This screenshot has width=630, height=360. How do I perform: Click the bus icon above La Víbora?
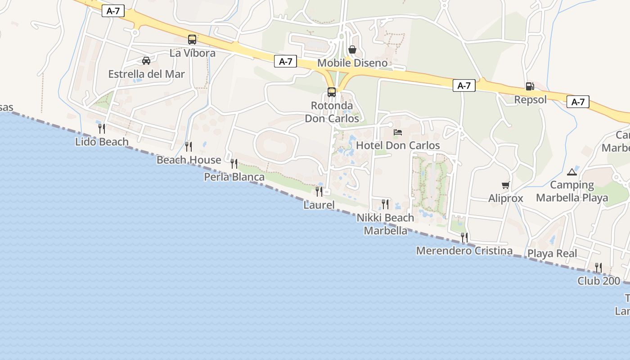(x=192, y=40)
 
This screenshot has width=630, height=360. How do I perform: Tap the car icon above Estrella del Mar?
(x=146, y=60)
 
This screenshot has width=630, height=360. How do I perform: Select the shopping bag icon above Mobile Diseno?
(x=352, y=49)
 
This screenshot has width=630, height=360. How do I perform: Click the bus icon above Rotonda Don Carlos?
(x=332, y=92)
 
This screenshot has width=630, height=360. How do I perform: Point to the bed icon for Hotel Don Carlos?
(x=398, y=132)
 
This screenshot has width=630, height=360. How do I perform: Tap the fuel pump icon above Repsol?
(x=530, y=86)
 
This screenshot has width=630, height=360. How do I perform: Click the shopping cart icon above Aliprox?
(x=505, y=185)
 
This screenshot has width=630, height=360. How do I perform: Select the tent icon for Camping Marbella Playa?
(x=572, y=171)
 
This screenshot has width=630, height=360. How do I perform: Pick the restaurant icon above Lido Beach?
(x=102, y=129)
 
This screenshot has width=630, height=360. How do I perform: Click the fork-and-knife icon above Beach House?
(x=189, y=146)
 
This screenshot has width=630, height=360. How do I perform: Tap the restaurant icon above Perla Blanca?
(x=234, y=163)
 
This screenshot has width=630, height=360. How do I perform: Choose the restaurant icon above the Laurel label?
(x=319, y=191)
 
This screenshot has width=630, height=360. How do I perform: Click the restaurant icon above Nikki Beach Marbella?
(x=385, y=204)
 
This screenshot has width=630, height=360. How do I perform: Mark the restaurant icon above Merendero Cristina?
(x=464, y=237)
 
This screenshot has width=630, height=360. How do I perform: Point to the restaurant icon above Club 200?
(x=598, y=268)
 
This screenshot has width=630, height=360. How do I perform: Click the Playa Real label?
(x=552, y=253)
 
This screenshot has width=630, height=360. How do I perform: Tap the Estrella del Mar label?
(x=146, y=74)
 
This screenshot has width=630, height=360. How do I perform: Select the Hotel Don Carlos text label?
(x=398, y=145)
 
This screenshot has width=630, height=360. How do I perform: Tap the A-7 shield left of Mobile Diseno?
(x=286, y=62)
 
